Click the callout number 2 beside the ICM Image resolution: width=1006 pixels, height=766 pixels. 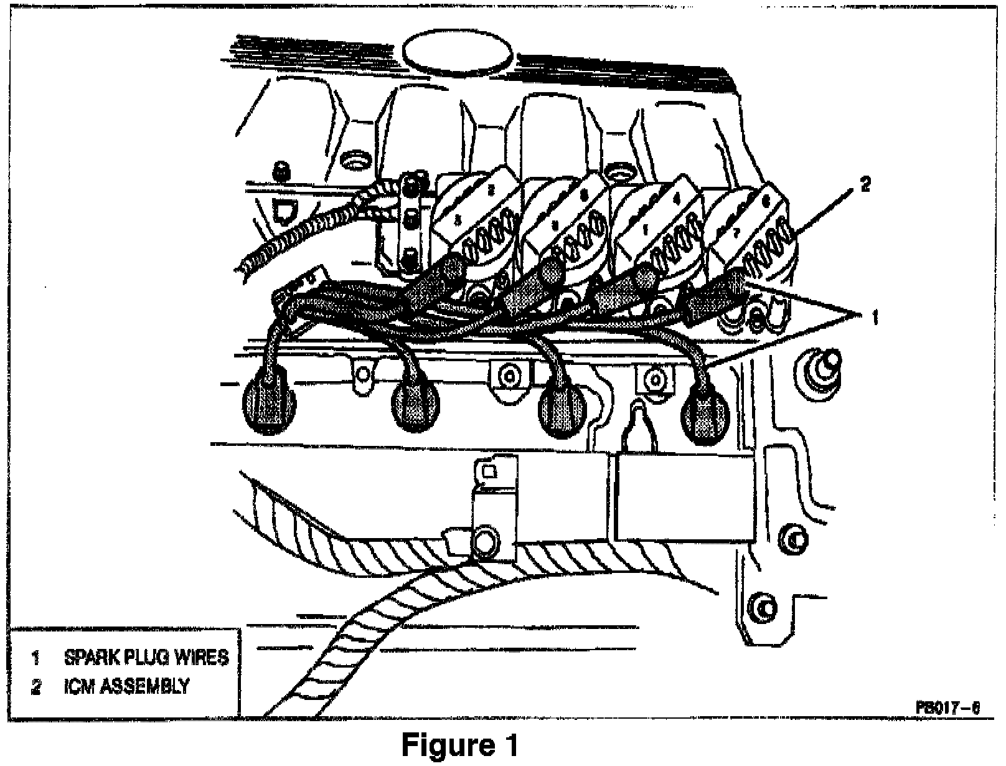click(x=865, y=185)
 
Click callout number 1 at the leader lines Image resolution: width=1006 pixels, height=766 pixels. click(x=875, y=318)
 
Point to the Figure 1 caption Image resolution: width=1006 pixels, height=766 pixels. click(x=459, y=745)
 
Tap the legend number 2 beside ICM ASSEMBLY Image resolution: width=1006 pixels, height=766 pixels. click(x=36, y=688)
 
